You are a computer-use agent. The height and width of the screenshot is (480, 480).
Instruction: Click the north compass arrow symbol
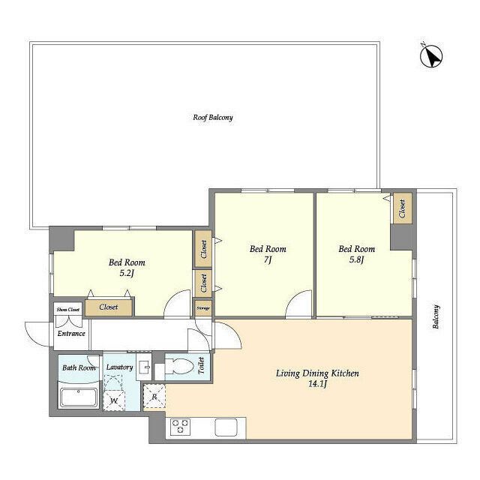tap(431, 56)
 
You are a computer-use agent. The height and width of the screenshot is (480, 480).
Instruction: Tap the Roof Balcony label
tap(213, 117)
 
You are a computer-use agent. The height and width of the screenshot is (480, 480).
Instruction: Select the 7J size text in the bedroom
tap(268, 260)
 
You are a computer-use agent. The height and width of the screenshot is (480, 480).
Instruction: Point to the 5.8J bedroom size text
tap(357, 260)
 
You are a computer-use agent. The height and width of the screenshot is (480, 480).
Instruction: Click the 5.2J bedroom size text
tap(127, 273)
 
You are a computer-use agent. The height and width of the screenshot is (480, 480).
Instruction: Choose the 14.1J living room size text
tap(318, 384)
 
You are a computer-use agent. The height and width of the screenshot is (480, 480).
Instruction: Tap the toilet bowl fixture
tap(178, 367)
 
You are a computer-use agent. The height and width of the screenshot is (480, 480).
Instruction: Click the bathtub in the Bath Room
tap(79, 397)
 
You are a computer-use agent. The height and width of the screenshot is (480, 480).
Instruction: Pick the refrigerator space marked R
tap(154, 397)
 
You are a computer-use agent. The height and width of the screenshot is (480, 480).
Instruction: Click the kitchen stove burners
tap(180, 427)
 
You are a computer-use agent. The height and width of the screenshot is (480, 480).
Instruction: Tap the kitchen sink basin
tap(226, 427)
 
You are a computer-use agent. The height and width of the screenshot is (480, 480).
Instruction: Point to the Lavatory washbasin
tap(144, 367)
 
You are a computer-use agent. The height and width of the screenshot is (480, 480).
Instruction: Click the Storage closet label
tap(203, 308)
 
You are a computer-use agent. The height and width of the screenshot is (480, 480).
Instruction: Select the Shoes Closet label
tap(68, 310)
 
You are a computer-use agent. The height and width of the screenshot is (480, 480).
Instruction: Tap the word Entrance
tap(71, 333)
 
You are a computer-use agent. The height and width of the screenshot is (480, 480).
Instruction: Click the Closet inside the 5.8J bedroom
tap(402, 208)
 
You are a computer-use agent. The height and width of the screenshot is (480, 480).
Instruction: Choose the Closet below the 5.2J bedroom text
tap(109, 307)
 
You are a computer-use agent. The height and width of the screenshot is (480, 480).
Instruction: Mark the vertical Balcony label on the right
tap(436, 316)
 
